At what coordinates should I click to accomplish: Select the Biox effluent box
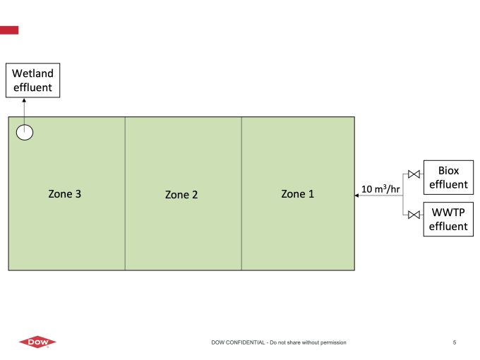tap(448, 177)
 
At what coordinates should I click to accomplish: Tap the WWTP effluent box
tap(448, 219)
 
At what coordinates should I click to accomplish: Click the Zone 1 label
tap(297, 194)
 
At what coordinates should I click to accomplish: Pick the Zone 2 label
tap(181, 195)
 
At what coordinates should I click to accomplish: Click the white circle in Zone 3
tap(25, 132)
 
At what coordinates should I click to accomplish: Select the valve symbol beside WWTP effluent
tap(414, 215)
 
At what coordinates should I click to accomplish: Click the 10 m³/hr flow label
tap(380, 189)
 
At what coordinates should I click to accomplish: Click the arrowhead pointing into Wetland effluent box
tap(24, 100)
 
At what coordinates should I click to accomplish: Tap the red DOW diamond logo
tap(37, 342)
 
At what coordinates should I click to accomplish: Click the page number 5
tap(455, 342)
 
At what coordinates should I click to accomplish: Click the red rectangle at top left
tap(9, 30)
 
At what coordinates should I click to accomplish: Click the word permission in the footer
tap(332, 342)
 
